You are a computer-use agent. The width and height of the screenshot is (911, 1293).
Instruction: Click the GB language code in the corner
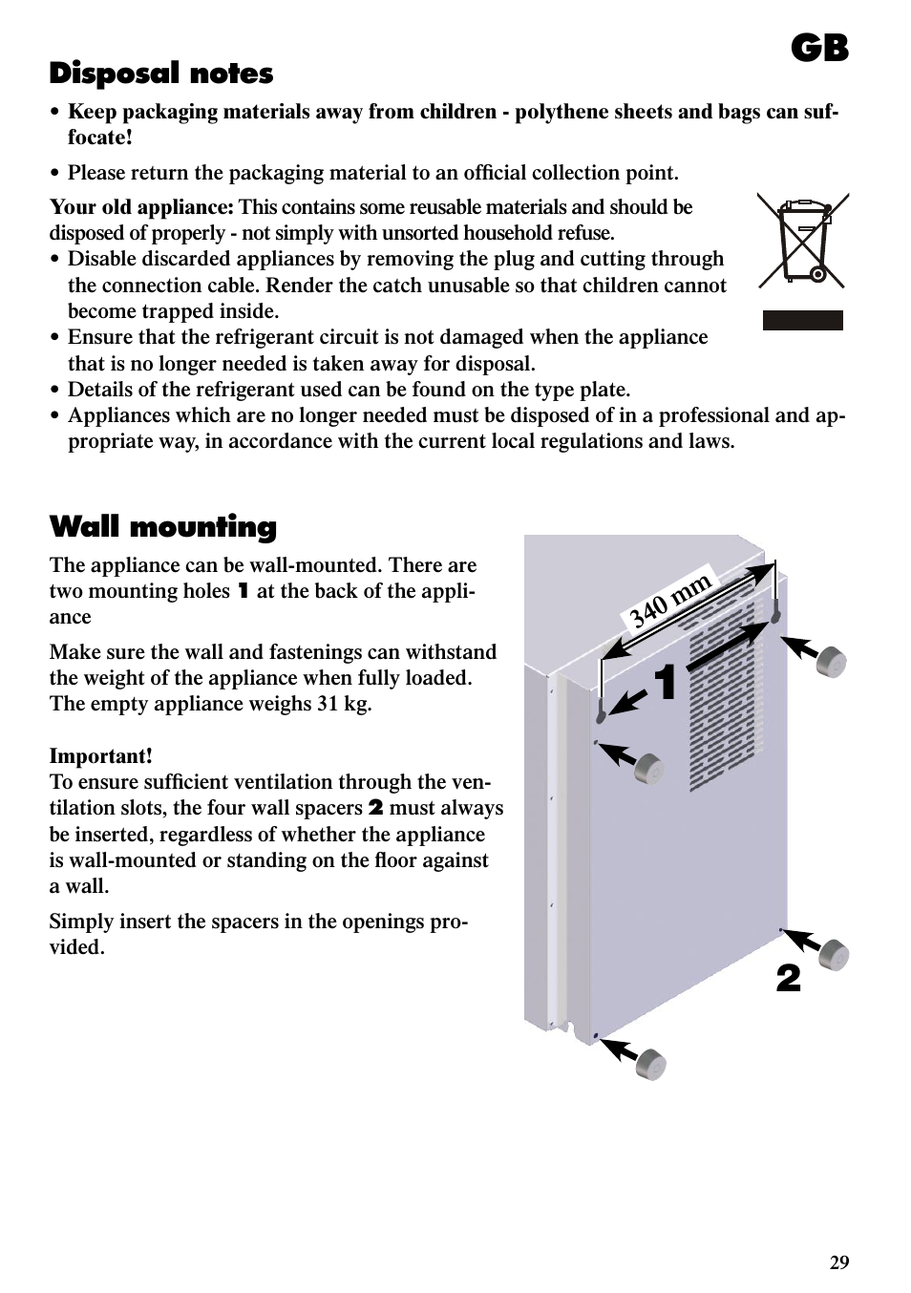tap(819, 48)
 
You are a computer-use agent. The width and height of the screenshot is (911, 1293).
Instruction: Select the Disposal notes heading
tap(160, 74)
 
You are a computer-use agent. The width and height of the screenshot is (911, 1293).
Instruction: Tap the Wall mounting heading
tap(162, 526)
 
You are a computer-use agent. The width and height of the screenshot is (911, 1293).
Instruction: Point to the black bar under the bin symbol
tap(802, 321)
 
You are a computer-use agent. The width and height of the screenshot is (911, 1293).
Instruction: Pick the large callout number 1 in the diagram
tap(666, 683)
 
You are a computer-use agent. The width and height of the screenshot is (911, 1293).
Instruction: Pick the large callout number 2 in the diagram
tap(788, 979)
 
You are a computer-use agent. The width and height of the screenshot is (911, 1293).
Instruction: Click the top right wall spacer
tap(832, 661)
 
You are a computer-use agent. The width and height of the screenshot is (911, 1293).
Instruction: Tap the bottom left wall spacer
tap(650, 1063)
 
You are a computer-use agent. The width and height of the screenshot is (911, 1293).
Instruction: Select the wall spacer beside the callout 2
tap(834, 954)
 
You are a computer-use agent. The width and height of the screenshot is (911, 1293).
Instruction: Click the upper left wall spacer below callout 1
tap(648, 767)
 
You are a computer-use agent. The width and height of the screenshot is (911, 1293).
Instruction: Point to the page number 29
tap(838, 1262)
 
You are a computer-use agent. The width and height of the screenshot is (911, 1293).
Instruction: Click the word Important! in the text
tap(100, 756)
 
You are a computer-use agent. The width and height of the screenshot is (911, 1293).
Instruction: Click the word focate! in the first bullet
tap(99, 138)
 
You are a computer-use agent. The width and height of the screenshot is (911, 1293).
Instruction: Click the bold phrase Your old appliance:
tap(141, 207)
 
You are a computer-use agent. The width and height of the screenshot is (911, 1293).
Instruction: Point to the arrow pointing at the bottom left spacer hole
tap(619, 1049)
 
